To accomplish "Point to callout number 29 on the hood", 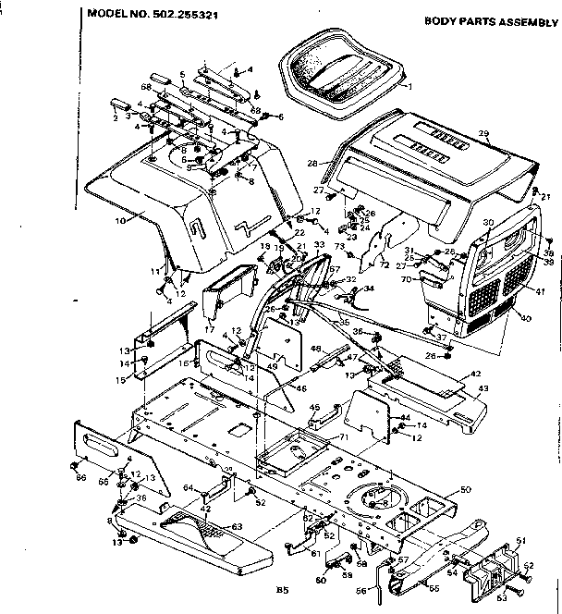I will coord(483,135).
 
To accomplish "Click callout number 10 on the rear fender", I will coord(119,220).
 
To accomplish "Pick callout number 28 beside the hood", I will coord(312,162).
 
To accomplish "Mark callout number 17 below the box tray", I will coord(210,326).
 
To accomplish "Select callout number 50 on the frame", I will coord(465,488).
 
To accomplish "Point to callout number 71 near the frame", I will coord(343,436).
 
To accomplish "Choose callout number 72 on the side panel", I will coord(384,265).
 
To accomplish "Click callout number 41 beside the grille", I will coord(540,291).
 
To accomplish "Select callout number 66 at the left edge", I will coord(80,477).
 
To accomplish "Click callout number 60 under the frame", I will coord(321,581).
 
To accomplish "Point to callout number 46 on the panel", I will coord(300,389).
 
